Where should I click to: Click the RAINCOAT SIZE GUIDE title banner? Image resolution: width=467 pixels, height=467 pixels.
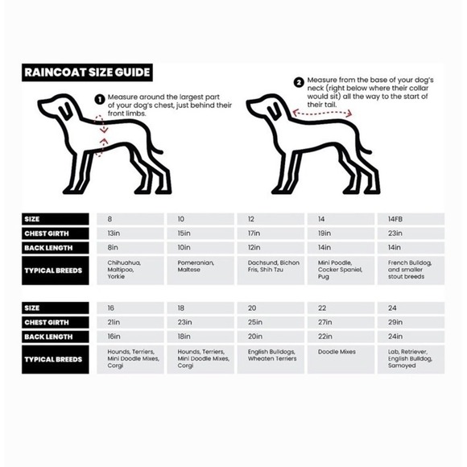click(87, 72)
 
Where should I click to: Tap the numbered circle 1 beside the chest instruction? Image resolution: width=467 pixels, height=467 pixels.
click(100, 100)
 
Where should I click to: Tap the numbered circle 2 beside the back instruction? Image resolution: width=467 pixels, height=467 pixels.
click(299, 82)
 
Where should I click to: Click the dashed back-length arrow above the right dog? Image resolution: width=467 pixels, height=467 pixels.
click(322, 114)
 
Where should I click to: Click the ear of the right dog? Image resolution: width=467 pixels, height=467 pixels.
click(274, 111)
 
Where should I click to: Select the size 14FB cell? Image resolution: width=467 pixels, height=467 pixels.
click(411, 219)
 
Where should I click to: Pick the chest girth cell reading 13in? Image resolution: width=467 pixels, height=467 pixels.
click(130, 233)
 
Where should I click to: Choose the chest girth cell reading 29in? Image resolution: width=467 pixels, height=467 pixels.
click(411, 322)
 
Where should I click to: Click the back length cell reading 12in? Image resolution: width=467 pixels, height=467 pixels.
click(271, 248)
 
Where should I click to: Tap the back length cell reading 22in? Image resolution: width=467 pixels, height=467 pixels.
click(341, 337)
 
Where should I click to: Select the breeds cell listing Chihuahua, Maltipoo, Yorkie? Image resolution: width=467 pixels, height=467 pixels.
click(130, 270)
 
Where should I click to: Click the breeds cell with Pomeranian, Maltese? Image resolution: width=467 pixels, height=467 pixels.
click(200, 270)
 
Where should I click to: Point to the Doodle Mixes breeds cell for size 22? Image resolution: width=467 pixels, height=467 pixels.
click(341, 359)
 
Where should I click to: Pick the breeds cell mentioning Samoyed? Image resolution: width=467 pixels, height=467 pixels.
click(411, 359)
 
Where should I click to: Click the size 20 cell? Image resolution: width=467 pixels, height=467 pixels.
click(271, 308)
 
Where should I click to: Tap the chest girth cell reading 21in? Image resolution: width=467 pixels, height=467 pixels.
click(130, 322)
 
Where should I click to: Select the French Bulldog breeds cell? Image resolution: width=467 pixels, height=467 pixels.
click(411, 270)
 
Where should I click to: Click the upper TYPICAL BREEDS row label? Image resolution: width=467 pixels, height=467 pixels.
click(56, 271)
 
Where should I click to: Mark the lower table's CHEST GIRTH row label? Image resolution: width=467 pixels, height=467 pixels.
click(56, 323)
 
